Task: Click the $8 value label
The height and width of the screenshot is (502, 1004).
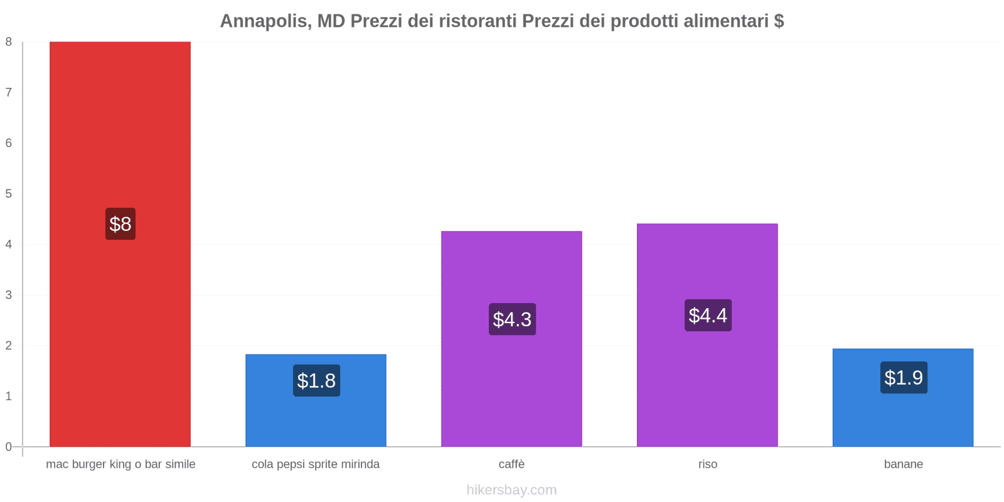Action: (x=120, y=224)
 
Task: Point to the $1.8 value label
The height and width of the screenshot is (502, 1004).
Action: (x=316, y=381)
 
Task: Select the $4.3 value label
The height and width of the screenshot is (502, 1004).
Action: (x=512, y=319)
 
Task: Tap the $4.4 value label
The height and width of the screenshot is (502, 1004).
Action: (x=708, y=316)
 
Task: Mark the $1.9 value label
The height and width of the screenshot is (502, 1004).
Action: (x=904, y=378)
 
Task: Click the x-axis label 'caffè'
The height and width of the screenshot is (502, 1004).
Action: (x=511, y=464)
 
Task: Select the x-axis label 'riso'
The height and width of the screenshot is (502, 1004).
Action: (x=707, y=464)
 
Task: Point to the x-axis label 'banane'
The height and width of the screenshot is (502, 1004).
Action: (x=903, y=464)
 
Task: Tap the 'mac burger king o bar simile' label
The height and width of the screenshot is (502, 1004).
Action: (x=120, y=464)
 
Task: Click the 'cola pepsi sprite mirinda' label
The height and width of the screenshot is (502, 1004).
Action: (x=316, y=464)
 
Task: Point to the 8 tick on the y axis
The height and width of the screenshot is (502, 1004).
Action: (x=9, y=42)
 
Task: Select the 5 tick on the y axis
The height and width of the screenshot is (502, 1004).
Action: (x=9, y=194)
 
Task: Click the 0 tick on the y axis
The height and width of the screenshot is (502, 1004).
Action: (x=9, y=447)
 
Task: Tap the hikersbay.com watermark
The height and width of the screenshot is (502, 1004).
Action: (x=511, y=490)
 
